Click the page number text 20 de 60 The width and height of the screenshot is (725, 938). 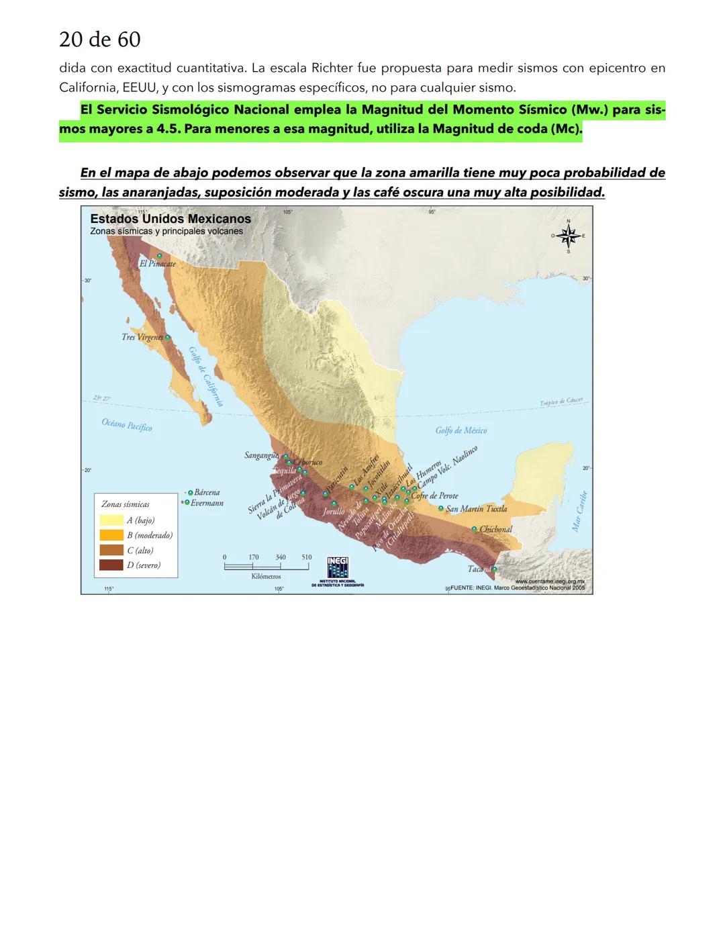(x=99, y=40)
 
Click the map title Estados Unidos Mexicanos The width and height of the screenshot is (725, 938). (x=170, y=219)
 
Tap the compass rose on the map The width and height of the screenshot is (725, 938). (x=569, y=236)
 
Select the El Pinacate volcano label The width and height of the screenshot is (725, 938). (x=157, y=264)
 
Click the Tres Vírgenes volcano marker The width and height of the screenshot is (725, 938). (x=168, y=338)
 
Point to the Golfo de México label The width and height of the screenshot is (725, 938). (x=461, y=430)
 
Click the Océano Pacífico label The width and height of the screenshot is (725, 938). (x=127, y=424)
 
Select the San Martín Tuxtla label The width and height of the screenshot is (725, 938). (x=476, y=509)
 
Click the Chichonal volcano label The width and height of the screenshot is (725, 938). (x=495, y=529)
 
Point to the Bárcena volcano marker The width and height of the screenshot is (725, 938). (x=190, y=492)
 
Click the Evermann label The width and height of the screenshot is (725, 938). (x=207, y=502)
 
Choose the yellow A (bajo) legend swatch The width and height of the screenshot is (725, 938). (x=111, y=520)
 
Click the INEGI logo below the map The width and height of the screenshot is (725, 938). (x=338, y=567)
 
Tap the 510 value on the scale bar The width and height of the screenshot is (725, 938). (x=306, y=557)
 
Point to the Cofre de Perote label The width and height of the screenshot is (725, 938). (x=434, y=496)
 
